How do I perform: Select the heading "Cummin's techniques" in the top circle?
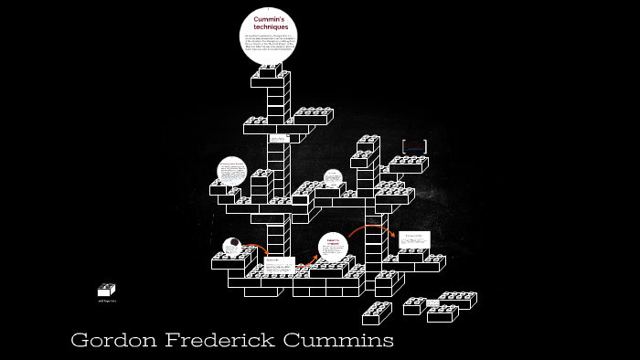click(x=270, y=23)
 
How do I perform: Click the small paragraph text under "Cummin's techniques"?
click(x=270, y=46)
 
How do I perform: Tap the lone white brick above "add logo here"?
click(x=107, y=290)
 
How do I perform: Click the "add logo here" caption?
click(x=107, y=301)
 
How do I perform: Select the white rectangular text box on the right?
click(x=414, y=238)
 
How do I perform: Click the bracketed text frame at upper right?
click(x=415, y=145)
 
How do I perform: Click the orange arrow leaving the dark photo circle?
click(x=257, y=248)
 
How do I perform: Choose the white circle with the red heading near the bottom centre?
click(x=334, y=247)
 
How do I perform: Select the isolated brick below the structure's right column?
click(x=376, y=312)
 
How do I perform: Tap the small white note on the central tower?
click(x=278, y=138)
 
